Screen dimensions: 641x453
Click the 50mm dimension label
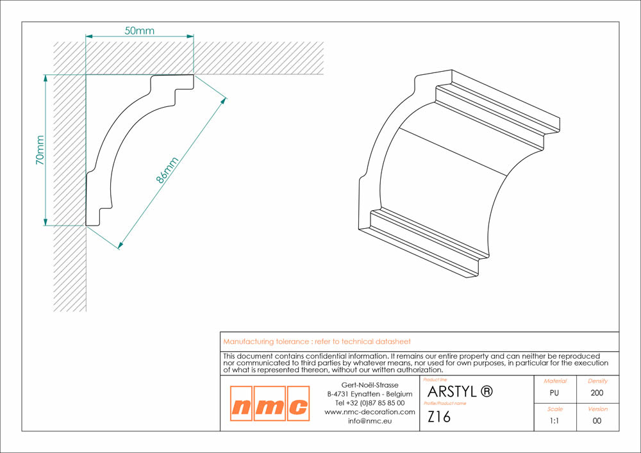coord(139,31)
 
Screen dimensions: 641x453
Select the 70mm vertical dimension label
coord(40,150)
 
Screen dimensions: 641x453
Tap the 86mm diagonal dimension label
coord(167,170)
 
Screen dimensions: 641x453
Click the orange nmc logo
coord(270,403)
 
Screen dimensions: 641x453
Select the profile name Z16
coord(438,416)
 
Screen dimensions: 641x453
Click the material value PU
coord(554,393)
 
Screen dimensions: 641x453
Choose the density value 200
coord(597,393)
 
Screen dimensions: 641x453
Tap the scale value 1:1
coord(554,421)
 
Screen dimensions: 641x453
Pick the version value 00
coord(597,421)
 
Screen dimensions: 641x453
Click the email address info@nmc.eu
coord(370,421)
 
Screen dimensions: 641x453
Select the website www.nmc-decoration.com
coord(370,412)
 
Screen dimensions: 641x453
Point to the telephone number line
coord(370,403)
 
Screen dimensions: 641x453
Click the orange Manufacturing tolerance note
coord(317,342)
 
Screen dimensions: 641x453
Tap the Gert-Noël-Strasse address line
coord(370,385)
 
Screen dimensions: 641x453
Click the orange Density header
coord(597,381)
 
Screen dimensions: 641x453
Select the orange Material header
coord(555,381)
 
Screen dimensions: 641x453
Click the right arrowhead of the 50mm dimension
coord(190,37)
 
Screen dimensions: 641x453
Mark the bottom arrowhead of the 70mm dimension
coord(46,222)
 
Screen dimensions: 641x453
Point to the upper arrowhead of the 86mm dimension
coord(223,101)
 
